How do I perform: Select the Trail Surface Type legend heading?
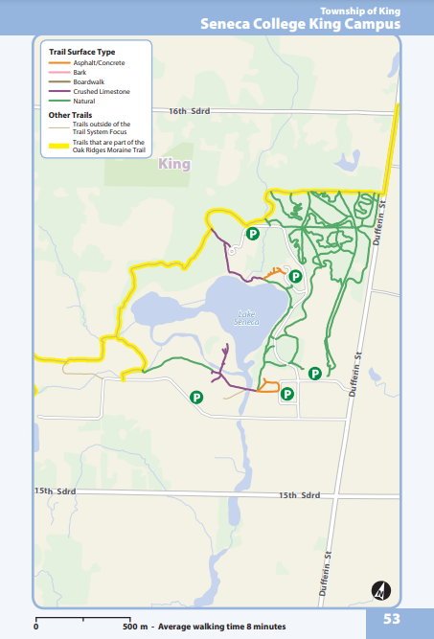coord(82,50)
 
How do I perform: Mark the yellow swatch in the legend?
coord(59,147)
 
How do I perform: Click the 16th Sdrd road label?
coord(189,112)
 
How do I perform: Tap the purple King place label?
coord(175,164)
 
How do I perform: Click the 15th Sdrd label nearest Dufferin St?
coord(299,495)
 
